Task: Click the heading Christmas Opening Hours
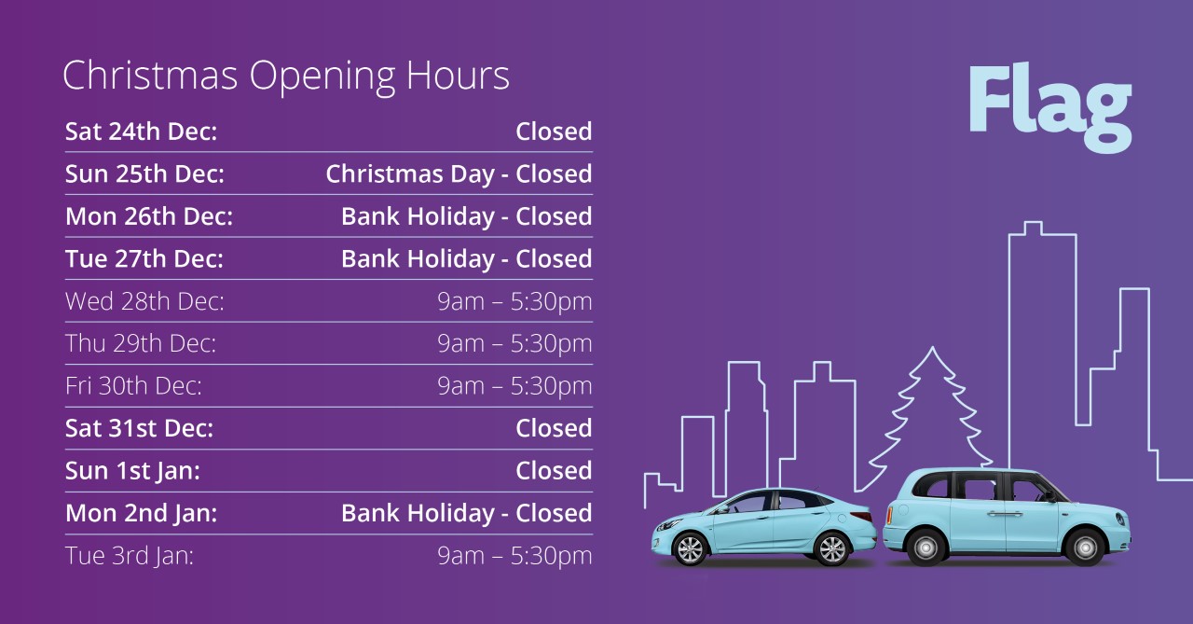(286, 76)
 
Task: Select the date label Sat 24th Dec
(141, 132)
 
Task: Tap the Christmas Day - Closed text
(459, 174)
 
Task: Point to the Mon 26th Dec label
(149, 216)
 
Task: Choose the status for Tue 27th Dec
(467, 259)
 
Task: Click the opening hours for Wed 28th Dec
(514, 301)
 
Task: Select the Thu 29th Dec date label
(141, 343)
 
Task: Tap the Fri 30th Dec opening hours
(514, 386)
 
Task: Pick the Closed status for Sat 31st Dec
(554, 428)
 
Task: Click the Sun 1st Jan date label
(132, 470)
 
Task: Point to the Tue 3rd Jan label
(130, 555)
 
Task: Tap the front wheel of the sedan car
(691, 548)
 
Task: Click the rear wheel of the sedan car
(832, 548)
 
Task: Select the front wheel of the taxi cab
(1085, 547)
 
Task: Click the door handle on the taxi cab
(1004, 514)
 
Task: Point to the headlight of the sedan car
(668, 525)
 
